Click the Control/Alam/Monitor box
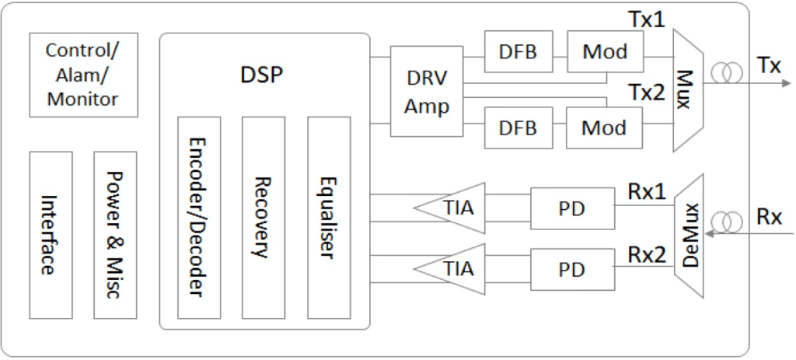pyautogui.click(x=82, y=75)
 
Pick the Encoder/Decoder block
pyautogui.click(x=199, y=218)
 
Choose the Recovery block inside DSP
pyautogui.click(x=264, y=218)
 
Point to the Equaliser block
pyautogui.click(x=329, y=218)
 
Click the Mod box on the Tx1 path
pyautogui.click(x=605, y=52)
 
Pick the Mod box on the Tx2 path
pyautogui.click(x=605, y=128)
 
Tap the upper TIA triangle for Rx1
pyautogui.click(x=456, y=208)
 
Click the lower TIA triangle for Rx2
pyautogui.click(x=456, y=269)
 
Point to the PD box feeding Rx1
pyautogui.click(x=571, y=208)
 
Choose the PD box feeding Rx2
pyautogui.click(x=571, y=269)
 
